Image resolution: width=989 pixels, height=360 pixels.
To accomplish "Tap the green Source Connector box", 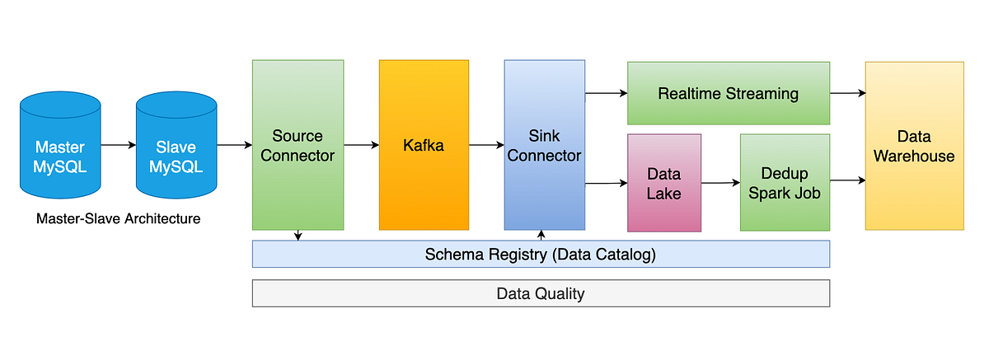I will [x=298, y=145].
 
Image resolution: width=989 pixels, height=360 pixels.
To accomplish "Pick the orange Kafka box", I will [x=424, y=145].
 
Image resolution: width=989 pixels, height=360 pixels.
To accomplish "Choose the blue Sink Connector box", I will [x=544, y=145].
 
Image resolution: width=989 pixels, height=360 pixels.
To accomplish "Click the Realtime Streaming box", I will [x=728, y=93].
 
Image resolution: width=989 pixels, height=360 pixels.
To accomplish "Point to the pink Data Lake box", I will [x=663, y=184].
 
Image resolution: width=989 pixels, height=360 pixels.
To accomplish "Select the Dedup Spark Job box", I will [x=785, y=183].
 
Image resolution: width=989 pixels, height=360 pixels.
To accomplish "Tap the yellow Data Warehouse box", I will [x=914, y=146].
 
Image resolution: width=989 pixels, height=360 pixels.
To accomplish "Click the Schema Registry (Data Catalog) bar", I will [x=540, y=255].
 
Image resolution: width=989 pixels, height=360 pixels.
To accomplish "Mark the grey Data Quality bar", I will [x=540, y=293].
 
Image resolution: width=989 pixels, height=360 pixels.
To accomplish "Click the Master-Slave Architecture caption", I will [x=119, y=219].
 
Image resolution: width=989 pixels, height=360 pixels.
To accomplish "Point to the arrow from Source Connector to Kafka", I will [x=361, y=145].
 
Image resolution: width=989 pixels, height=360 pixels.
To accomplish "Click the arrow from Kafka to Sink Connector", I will [x=486, y=145].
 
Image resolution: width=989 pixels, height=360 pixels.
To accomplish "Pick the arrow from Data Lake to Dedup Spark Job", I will [x=720, y=183].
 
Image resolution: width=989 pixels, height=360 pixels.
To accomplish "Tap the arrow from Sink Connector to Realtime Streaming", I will [x=606, y=94].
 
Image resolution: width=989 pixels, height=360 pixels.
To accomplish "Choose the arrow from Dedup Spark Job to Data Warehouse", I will [x=846, y=180].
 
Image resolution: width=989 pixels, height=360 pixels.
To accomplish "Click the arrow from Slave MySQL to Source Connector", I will [x=234, y=145].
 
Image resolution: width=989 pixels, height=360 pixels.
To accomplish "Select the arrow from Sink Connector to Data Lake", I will [x=606, y=183].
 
